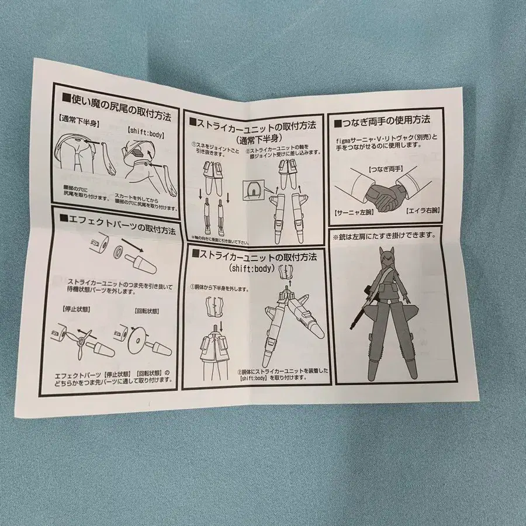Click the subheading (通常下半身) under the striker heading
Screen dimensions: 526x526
click(x=255, y=139)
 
